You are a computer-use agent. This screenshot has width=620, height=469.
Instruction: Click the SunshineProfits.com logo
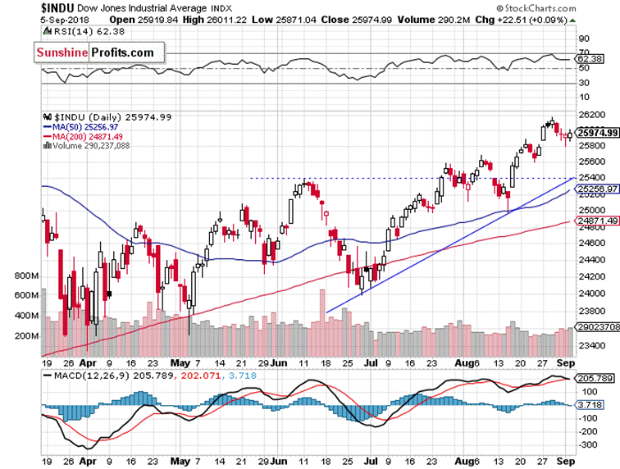point(93,53)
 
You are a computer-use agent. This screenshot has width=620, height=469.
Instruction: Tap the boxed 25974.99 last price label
point(596,133)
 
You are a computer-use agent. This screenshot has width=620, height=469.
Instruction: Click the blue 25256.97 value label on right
point(596,189)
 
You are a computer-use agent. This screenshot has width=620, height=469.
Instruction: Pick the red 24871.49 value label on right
point(596,221)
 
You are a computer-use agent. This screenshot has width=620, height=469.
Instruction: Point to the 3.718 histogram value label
point(590,404)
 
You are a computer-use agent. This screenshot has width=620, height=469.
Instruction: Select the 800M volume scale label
point(28,276)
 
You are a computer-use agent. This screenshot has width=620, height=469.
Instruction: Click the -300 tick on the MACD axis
point(588,444)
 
